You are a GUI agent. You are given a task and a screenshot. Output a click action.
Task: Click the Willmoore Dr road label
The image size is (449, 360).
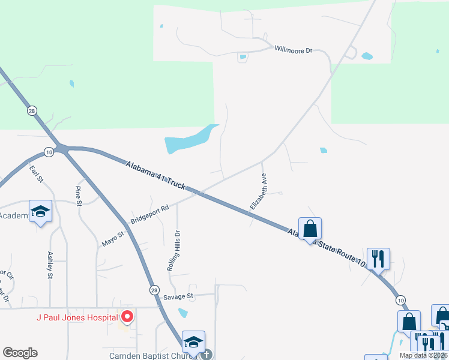(294, 50)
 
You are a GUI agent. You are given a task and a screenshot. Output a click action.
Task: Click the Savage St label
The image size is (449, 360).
(178, 296)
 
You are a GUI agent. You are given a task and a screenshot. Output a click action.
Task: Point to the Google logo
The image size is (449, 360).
(20, 353)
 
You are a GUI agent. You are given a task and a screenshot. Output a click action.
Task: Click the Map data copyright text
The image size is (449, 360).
(423, 355)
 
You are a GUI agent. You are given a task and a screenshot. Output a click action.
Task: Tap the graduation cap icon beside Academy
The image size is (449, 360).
(40, 212)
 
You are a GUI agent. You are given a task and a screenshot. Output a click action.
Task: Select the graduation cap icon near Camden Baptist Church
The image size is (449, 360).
(193, 341)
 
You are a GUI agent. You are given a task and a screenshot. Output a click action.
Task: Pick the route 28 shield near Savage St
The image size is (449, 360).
(154, 289)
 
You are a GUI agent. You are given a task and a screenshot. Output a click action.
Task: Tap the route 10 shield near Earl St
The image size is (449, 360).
(49, 152)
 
